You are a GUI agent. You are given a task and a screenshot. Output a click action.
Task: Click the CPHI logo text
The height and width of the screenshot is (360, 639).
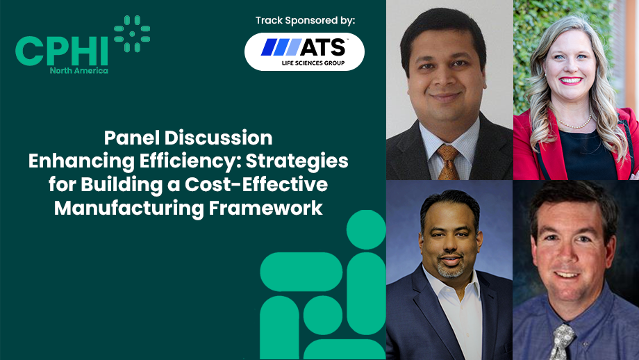[x=62, y=51]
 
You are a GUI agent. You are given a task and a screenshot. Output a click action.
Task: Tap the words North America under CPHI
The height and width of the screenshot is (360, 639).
[x=79, y=70]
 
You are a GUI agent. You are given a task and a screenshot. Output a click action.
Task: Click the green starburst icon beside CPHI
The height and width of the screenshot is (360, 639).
[x=132, y=34]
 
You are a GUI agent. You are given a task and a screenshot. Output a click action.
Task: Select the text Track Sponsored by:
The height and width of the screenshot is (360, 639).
[x=305, y=20]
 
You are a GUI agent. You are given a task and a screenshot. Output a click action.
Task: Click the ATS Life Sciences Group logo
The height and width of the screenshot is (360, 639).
[x=304, y=52]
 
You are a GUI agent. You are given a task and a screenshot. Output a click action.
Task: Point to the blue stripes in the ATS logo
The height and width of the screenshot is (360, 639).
[x=281, y=47]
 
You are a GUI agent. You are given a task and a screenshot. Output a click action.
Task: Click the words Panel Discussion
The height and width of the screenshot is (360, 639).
[x=188, y=138]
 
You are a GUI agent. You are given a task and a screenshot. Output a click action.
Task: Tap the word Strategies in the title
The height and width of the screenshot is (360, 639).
[x=297, y=161]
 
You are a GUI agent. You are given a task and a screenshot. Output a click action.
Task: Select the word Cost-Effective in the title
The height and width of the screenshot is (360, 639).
[x=256, y=184]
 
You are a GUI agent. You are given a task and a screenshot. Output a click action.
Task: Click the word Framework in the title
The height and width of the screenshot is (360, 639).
[x=266, y=208]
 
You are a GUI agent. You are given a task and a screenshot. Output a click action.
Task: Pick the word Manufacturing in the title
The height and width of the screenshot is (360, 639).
[x=129, y=208]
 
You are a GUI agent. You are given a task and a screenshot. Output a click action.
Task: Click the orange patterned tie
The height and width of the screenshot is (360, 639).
[x=448, y=162]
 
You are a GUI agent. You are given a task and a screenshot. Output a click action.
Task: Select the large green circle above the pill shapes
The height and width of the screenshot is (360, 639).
[x=366, y=229]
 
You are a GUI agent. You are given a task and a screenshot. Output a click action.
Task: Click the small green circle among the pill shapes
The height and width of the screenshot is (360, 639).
[x=323, y=315]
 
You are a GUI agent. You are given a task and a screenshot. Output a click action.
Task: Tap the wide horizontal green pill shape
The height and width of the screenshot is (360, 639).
[x=301, y=272]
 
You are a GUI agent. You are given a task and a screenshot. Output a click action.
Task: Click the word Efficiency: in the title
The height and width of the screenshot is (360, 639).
[x=190, y=161]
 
